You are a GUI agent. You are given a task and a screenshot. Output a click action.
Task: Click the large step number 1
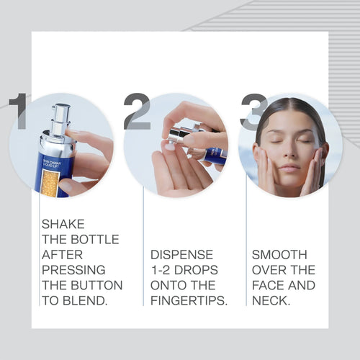[19, 112]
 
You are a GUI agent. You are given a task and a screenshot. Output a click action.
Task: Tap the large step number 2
[137, 112]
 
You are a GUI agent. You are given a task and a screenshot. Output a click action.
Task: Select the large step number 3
[253, 112]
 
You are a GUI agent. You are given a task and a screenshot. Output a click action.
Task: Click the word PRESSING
[73, 270]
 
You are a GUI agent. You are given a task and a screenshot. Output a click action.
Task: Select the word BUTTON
[99, 285]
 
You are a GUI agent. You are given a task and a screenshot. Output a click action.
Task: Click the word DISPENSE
[182, 255]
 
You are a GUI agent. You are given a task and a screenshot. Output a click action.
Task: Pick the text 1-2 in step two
[163, 270]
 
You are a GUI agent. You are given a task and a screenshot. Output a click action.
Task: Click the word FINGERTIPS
[188, 300]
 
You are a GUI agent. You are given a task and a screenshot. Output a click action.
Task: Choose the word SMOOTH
[279, 255]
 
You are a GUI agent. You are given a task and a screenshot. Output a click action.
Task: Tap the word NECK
[271, 300]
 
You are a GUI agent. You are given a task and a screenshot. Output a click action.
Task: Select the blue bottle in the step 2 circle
[215, 155]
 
